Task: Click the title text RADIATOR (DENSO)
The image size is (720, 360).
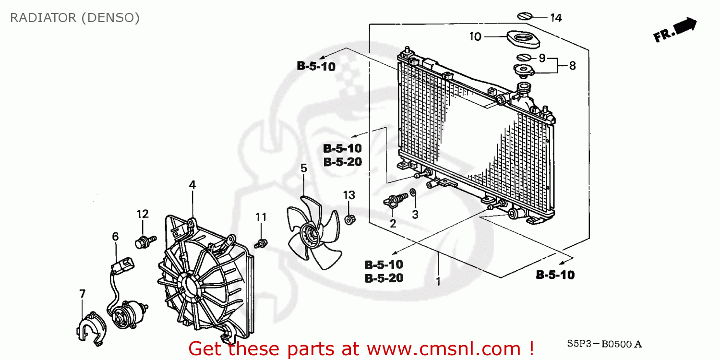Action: (75, 18)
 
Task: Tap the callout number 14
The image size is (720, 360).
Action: (555, 18)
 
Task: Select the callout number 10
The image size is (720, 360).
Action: (475, 36)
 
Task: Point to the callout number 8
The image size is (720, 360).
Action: (572, 65)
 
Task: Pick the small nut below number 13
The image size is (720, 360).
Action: (349, 220)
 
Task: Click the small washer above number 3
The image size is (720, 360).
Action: (413, 194)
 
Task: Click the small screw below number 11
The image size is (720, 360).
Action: (262, 243)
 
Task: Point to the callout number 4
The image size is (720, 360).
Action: (192, 185)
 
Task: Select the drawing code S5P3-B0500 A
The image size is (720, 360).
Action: (604, 344)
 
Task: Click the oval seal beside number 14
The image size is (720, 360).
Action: (525, 16)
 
